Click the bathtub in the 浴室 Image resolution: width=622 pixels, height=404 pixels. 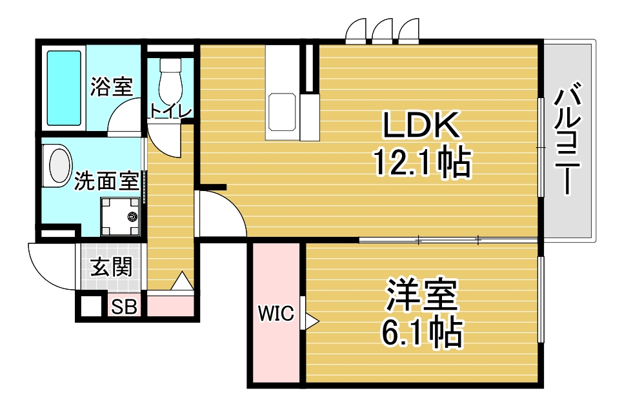pos(65,88)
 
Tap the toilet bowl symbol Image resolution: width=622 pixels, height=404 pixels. pos(170,81)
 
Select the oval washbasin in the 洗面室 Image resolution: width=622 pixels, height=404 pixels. pos(59,166)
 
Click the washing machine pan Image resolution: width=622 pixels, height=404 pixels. pos(120,217)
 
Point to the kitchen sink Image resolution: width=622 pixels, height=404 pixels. pos(282,112)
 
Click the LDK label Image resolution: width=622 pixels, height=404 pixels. pos(421,125)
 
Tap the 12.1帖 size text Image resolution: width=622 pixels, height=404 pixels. pos(422,163)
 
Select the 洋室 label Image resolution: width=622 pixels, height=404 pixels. pos(422,296)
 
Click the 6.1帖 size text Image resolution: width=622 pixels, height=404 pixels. pos(422,332)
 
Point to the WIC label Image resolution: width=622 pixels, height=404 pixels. pos(276,314)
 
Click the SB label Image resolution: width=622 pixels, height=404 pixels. pos(124,307)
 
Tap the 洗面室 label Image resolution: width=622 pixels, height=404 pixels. pos(106,181)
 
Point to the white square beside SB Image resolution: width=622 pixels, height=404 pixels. pos(91,306)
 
